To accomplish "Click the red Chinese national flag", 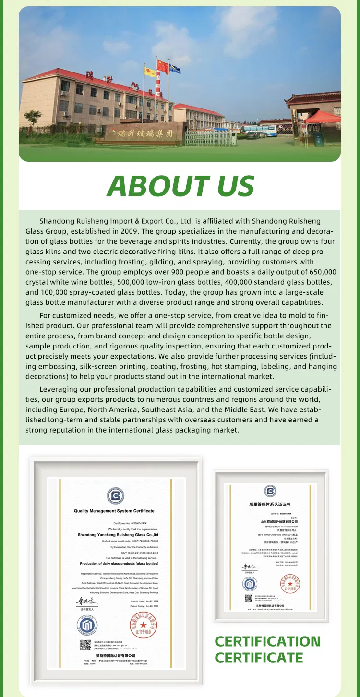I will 163,66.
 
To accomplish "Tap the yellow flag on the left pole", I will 150,72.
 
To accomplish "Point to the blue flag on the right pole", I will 175,69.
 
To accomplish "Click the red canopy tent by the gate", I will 323,117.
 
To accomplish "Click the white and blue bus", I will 259,130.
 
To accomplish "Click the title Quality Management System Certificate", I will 114,511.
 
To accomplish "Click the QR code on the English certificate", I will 85,645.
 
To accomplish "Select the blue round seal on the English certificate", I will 87,625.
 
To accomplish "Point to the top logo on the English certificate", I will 115,495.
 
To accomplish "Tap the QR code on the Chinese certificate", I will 248,598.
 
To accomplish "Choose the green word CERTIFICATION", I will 267,641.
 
